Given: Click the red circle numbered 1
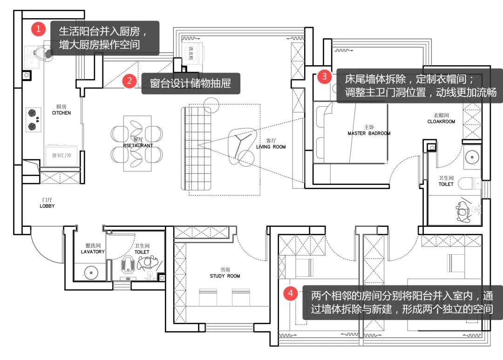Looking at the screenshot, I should pyautogui.click(x=39, y=29).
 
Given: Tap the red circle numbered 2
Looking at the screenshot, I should pyautogui.click(x=129, y=81).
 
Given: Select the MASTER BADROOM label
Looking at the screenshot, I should pyautogui.click(x=369, y=133).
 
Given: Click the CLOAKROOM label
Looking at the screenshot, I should pyautogui.click(x=441, y=122).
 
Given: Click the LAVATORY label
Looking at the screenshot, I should pyautogui.click(x=93, y=251).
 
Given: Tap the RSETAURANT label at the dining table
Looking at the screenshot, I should pyautogui.click(x=138, y=145).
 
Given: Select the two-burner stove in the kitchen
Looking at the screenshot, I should pyautogui.click(x=32, y=119).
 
